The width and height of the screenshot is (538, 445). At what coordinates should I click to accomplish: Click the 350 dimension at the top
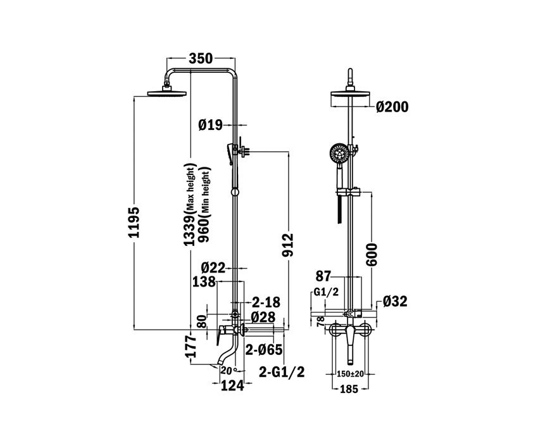(201, 59)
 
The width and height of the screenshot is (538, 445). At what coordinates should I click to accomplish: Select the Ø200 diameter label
(392, 106)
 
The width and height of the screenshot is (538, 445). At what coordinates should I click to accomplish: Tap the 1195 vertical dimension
(134, 222)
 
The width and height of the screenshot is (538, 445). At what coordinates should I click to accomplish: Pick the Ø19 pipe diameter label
(210, 126)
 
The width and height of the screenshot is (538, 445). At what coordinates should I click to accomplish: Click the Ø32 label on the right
(395, 302)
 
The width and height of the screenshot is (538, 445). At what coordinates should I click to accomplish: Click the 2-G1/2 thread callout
(282, 372)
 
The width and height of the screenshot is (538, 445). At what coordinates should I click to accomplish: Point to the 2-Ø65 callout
(264, 349)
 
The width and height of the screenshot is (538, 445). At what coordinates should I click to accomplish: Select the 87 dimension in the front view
(323, 276)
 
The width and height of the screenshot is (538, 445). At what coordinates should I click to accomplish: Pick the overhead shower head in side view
(168, 93)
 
